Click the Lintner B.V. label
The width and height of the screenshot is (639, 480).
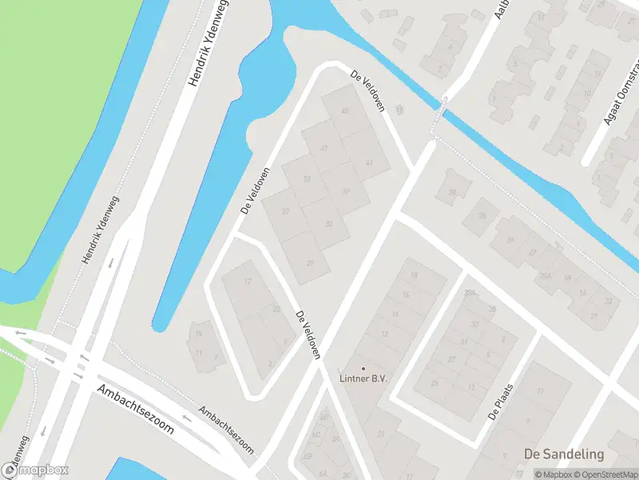[363, 378]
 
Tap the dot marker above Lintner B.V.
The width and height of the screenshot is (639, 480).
[363, 369]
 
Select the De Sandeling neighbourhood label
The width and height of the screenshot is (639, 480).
[564, 454]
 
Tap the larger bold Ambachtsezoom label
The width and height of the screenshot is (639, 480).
[135, 408]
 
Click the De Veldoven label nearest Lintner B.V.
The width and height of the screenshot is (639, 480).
[307, 336]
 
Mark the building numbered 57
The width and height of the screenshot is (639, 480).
[286, 210]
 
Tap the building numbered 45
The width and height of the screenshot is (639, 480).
[345, 110]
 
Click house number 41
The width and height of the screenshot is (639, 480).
[368, 163]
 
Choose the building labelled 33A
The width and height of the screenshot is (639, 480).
[470, 293]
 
